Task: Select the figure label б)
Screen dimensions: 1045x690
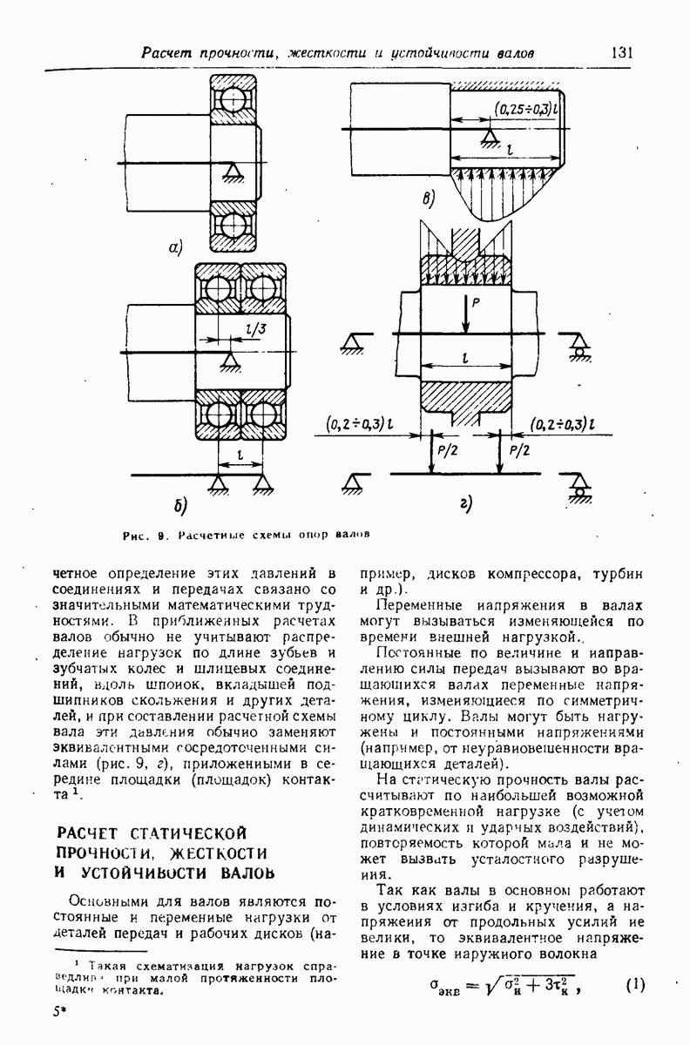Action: pos(179,505)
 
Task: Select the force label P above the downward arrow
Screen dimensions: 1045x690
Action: pos(476,305)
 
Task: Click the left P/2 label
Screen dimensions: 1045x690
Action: pos(446,451)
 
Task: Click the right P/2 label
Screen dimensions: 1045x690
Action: pos(517,451)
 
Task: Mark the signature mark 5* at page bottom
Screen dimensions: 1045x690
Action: pos(59,1015)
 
